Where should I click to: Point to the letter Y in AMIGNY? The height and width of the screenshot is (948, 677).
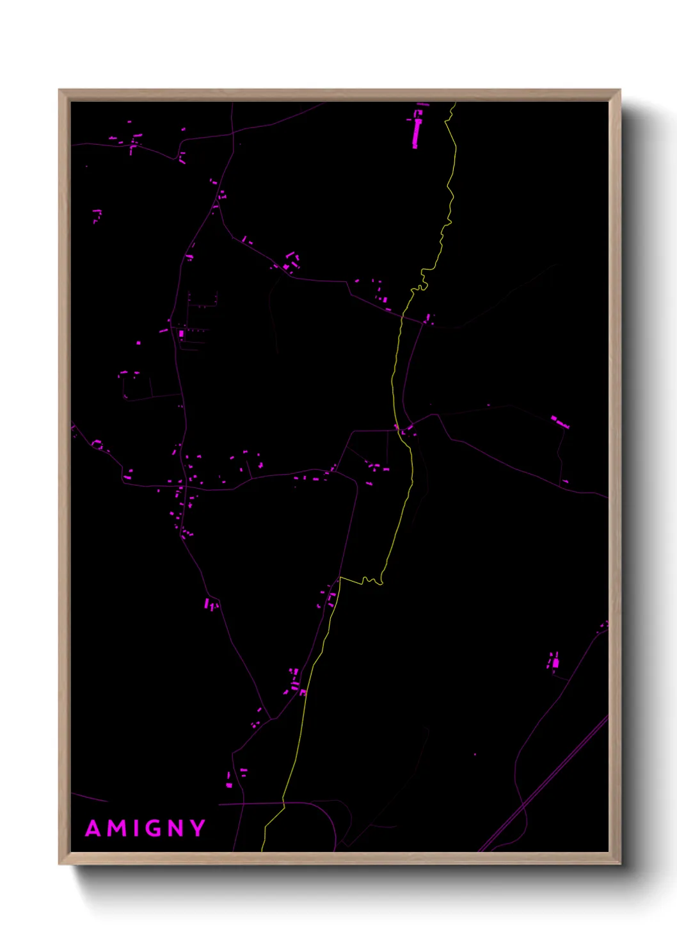coord(198,829)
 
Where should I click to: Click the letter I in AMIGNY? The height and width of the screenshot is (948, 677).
coord(138,829)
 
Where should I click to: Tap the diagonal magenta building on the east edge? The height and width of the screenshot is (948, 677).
coord(560,422)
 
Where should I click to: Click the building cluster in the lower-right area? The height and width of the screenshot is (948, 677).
coord(554,662)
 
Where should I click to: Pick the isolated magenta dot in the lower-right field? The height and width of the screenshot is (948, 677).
coord(475,755)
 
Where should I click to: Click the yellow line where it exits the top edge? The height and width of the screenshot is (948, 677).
coord(455,104)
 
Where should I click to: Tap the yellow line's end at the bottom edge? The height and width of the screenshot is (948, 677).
coord(262,849)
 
